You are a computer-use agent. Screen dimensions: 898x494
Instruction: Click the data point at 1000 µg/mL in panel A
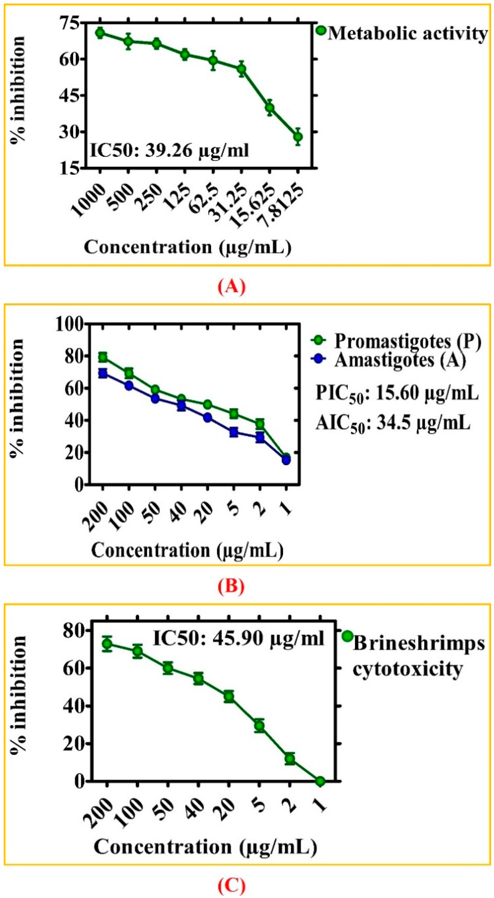click(100, 33)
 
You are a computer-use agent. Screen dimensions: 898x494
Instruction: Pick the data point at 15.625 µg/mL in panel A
click(269, 108)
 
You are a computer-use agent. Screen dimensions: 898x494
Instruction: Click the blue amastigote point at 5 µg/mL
click(234, 432)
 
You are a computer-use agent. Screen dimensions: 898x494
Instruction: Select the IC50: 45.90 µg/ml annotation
click(238, 638)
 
